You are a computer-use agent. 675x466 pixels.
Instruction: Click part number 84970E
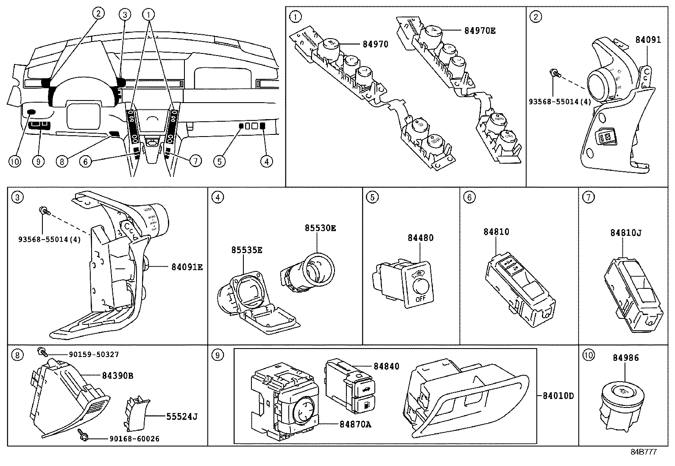(480, 31)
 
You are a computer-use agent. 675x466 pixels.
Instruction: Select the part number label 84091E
(187, 267)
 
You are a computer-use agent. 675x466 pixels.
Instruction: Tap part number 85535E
(246, 250)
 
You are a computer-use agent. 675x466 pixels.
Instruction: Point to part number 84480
(420, 238)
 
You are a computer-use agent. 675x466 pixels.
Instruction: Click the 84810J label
(625, 233)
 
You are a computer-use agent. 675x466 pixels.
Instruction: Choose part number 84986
(625, 358)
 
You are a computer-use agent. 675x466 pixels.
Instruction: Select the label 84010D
(558, 396)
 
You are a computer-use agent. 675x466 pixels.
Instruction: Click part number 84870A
(355, 424)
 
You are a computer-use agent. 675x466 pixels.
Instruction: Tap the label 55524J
(182, 416)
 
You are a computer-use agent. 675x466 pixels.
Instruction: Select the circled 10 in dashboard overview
(15, 162)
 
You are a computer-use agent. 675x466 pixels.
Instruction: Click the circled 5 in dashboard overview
(219, 162)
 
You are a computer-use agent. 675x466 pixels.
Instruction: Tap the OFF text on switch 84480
(420, 299)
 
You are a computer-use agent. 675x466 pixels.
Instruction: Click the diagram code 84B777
(643, 452)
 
